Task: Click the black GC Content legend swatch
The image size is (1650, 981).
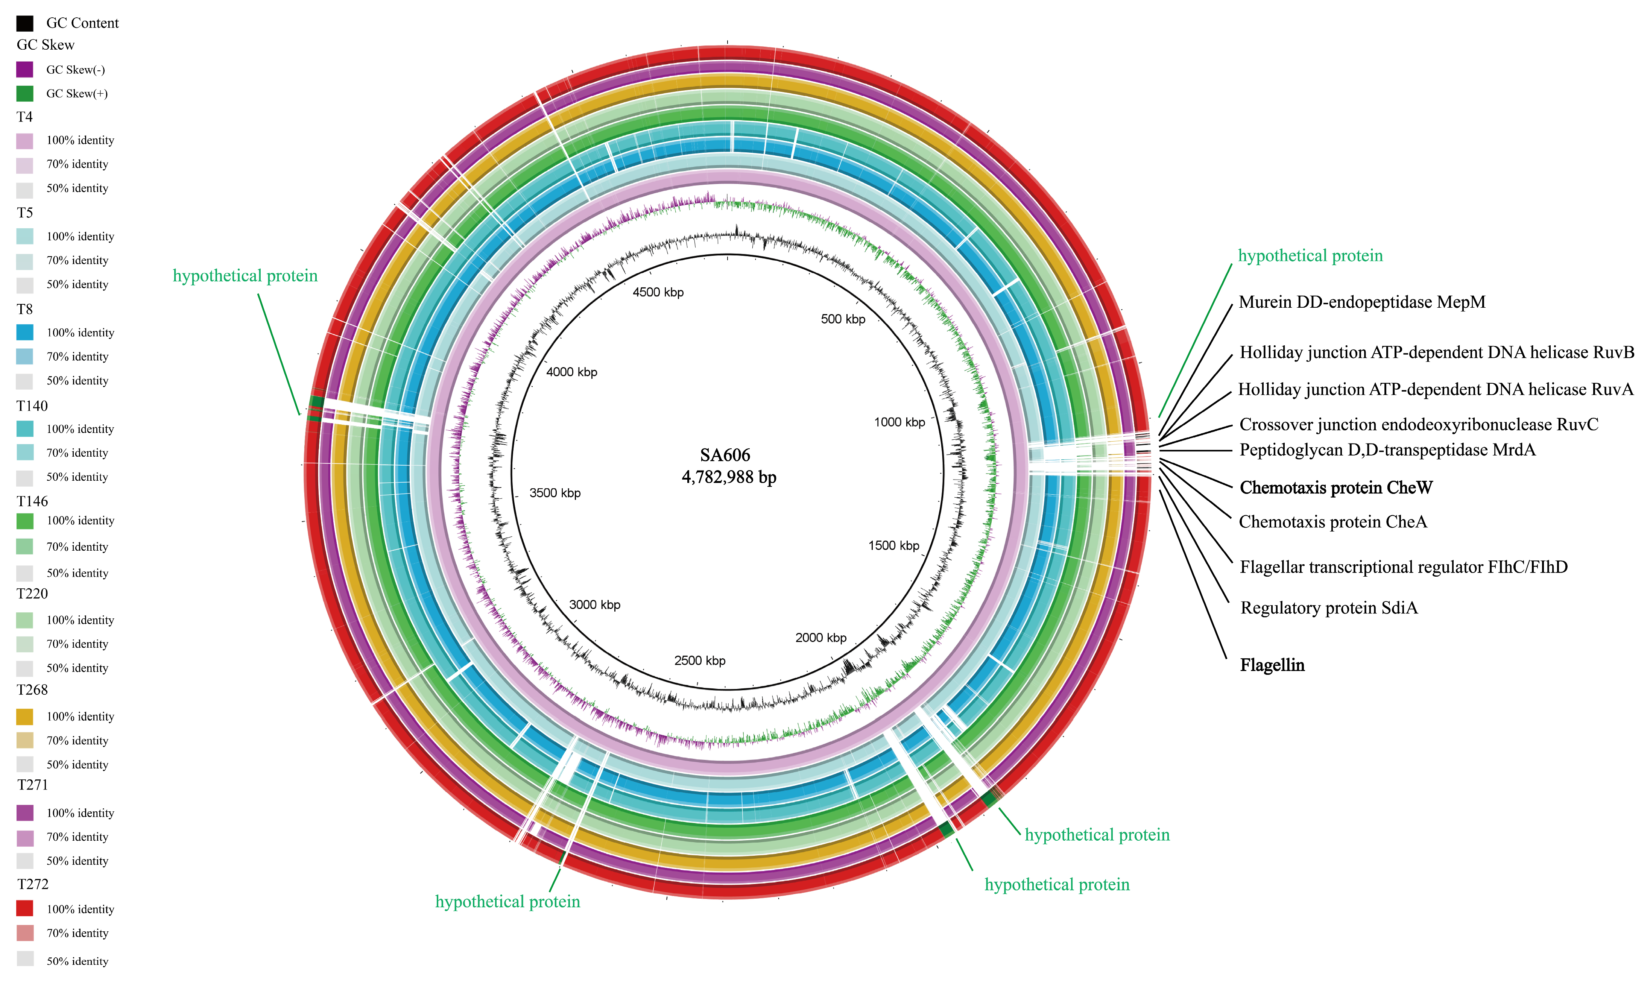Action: tap(24, 23)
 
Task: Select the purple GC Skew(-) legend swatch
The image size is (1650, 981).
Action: tap(24, 70)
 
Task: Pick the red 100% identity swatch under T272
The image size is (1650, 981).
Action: tap(24, 908)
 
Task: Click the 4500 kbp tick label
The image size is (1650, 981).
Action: tap(658, 292)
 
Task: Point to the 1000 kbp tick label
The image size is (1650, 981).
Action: tap(899, 422)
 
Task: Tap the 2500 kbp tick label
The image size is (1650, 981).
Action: tap(699, 661)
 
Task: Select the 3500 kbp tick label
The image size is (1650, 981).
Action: tap(555, 493)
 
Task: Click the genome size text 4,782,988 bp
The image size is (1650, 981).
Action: tap(728, 477)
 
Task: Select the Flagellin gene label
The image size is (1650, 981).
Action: tap(1272, 665)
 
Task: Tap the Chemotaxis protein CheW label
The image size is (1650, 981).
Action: tap(1335, 488)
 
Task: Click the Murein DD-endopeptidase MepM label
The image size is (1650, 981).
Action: tap(1362, 302)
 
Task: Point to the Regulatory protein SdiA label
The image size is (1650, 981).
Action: tap(1329, 607)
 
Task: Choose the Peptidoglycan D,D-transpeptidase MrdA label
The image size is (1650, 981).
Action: tap(1387, 450)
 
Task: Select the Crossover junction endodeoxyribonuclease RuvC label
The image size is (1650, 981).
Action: tap(1419, 424)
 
